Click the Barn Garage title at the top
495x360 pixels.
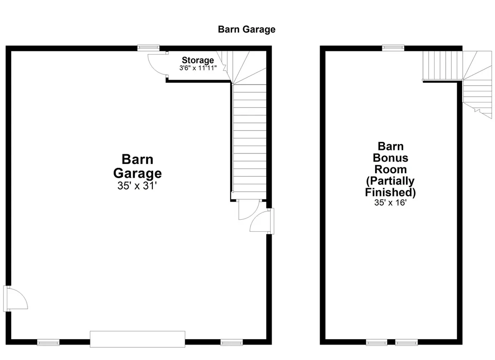pyautogui.click(x=247, y=30)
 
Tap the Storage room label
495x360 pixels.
pyautogui.click(x=198, y=60)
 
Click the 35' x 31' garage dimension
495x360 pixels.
pyautogui.click(x=137, y=186)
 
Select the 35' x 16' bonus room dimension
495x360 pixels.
pyautogui.click(x=390, y=203)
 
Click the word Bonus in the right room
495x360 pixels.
pyautogui.click(x=391, y=158)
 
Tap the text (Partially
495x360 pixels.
pyautogui.click(x=390, y=181)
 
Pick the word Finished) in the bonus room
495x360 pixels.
pyautogui.click(x=390, y=193)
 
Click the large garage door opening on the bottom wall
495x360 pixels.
pyautogui.click(x=138, y=339)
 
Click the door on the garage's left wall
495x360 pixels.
pyautogui.click(x=15, y=298)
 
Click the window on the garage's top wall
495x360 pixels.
pyautogui.click(x=148, y=47)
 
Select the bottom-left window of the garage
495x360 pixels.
pyautogui.click(x=48, y=343)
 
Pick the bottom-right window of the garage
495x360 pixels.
pyautogui.click(x=232, y=343)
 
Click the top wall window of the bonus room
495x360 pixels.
pyautogui.click(x=393, y=47)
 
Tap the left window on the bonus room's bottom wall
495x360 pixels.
pyautogui.click(x=377, y=343)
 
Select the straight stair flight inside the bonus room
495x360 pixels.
pyautogui.click(x=442, y=66)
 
